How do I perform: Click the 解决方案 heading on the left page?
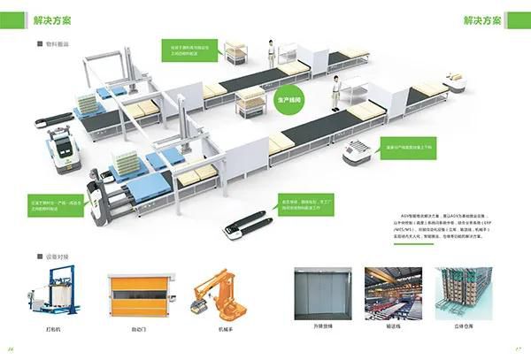(53, 19)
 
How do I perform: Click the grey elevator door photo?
(324, 290)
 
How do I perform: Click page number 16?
(11, 349)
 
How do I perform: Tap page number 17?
(519, 349)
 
